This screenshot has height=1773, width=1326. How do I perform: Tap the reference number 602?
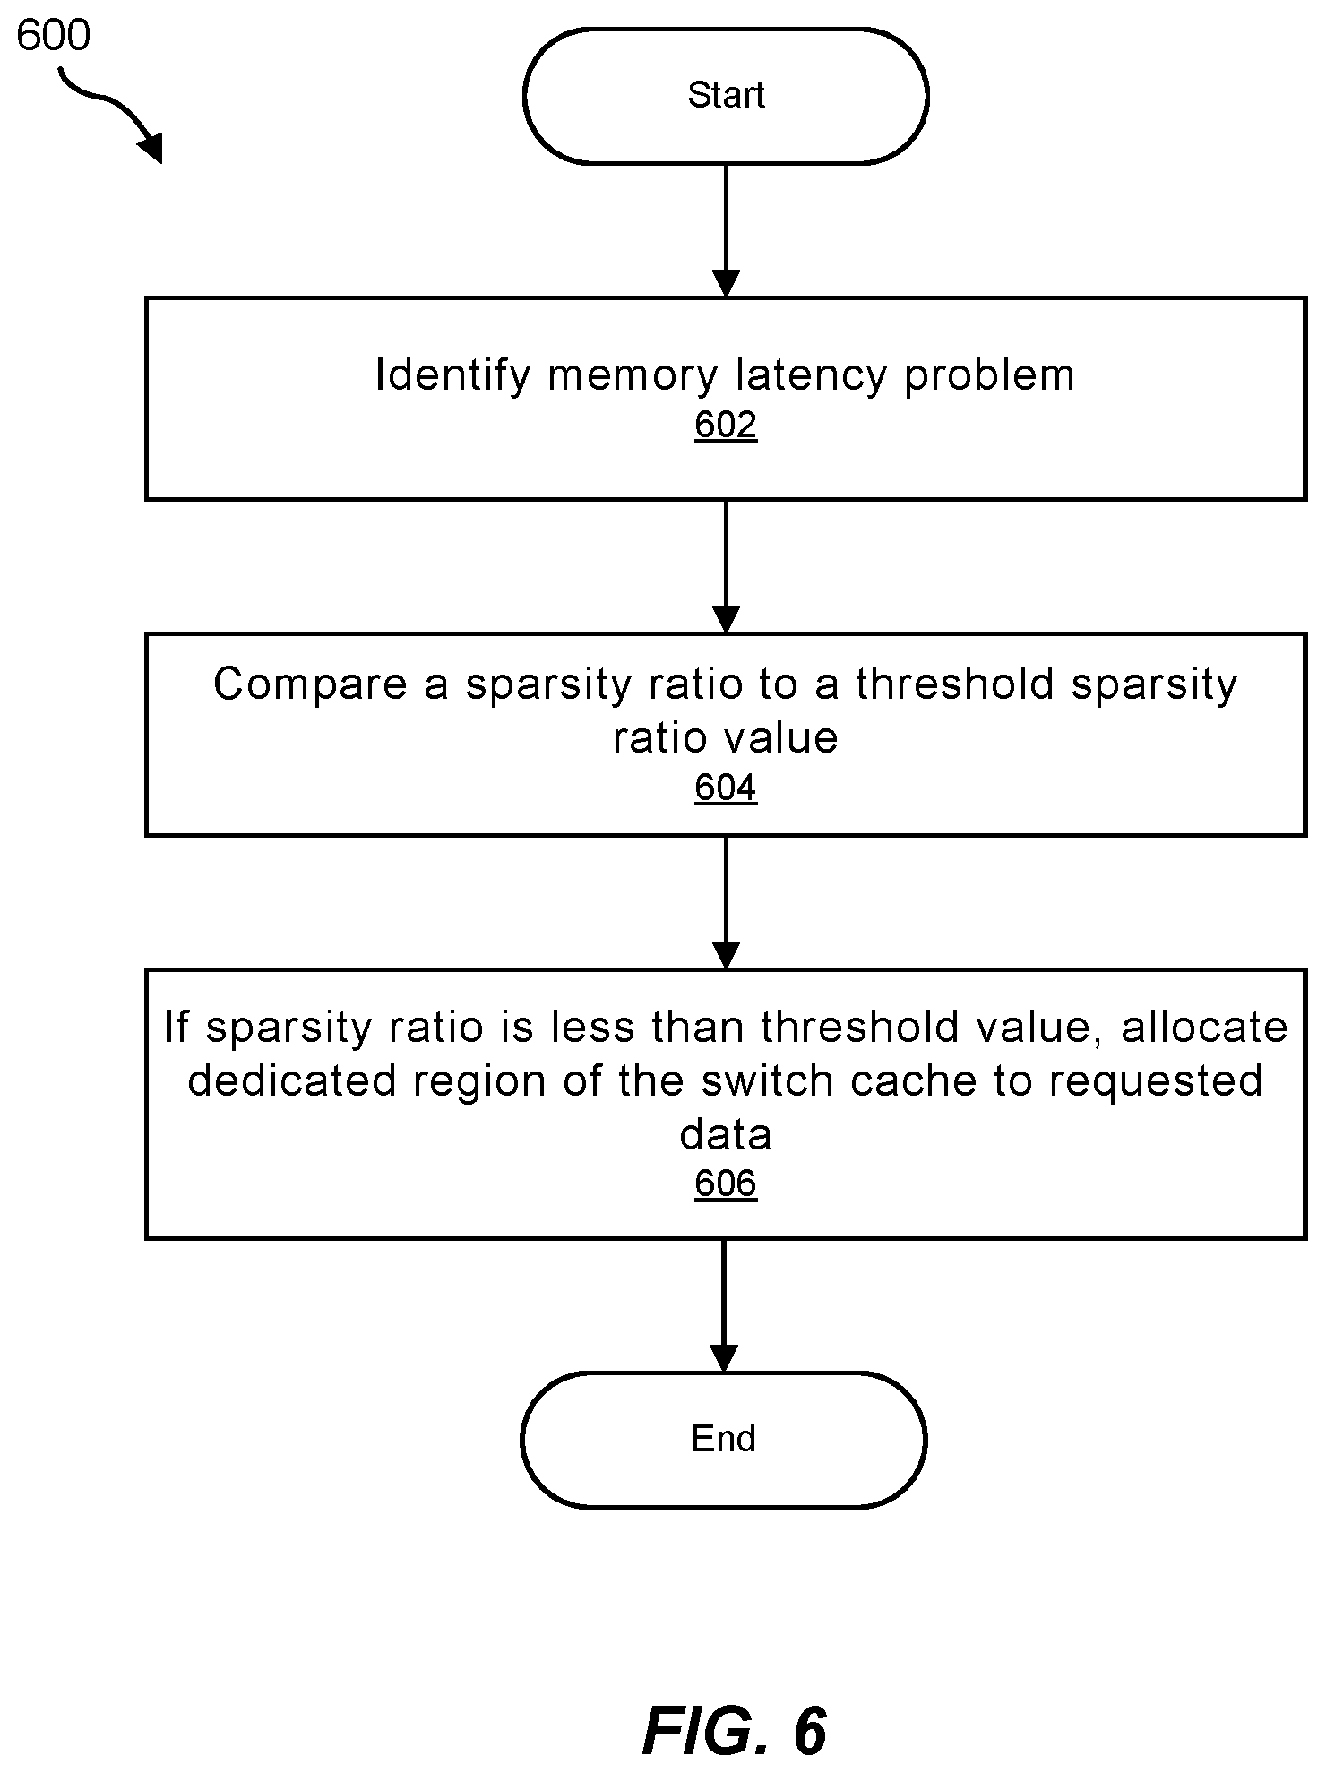tap(726, 424)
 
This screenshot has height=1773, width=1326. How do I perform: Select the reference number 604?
tap(726, 788)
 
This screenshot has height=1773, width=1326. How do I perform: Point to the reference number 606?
tap(726, 1183)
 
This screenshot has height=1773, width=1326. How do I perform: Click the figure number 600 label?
tap(54, 36)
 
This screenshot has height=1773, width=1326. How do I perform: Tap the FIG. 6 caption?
tap(735, 1730)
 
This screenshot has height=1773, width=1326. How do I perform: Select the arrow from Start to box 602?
tap(726, 231)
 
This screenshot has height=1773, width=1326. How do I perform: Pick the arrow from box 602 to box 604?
tap(726, 567)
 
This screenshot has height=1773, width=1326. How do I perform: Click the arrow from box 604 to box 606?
tap(726, 903)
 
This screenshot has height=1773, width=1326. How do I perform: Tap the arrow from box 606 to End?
tap(724, 1305)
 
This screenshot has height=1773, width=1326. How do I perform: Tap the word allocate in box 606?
tap(1204, 1027)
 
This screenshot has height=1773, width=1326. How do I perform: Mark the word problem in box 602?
tap(989, 375)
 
